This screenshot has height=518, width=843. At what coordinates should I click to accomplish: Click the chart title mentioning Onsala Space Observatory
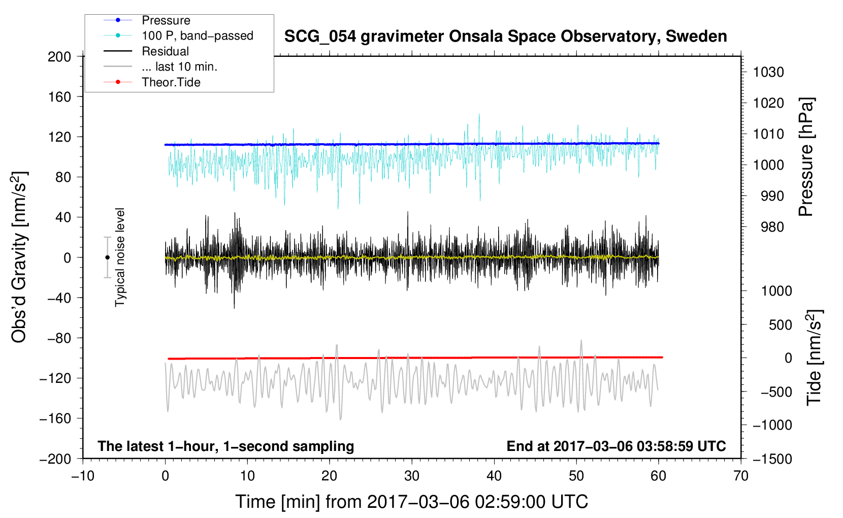(x=505, y=37)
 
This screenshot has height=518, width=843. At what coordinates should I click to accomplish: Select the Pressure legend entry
(x=166, y=20)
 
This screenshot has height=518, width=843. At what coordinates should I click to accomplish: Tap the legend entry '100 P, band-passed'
(x=197, y=36)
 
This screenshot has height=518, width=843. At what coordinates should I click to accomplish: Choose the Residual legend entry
(x=165, y=51)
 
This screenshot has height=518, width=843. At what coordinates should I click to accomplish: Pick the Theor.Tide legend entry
(x=171, y=82)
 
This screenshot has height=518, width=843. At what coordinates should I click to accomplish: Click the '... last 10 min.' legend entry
(x=179, y=67)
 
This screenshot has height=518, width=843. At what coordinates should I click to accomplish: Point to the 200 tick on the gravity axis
(x=59, y=56)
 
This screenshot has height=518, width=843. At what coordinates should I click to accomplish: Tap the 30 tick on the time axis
(x=411, y=476)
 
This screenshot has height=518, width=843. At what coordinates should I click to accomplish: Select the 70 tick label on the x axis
(x=740, y=476)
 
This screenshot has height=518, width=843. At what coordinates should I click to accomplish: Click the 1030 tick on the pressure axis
(x=768, y=72)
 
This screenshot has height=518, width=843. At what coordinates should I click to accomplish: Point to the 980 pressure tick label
(x=772, y=227)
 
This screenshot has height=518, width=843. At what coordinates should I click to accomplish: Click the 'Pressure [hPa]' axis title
(x=806, y=157)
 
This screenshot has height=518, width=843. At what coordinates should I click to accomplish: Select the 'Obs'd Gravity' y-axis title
(x=19, y=257)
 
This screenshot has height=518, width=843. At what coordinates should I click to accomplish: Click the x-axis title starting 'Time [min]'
(x=411, y=502)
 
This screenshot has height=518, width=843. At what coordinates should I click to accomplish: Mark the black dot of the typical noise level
(x=107, y=257)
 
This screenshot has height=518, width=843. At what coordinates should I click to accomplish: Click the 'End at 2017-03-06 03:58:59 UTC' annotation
(x=616, y=446)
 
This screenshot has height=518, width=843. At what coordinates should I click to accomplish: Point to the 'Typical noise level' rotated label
(x=120, y=257)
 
